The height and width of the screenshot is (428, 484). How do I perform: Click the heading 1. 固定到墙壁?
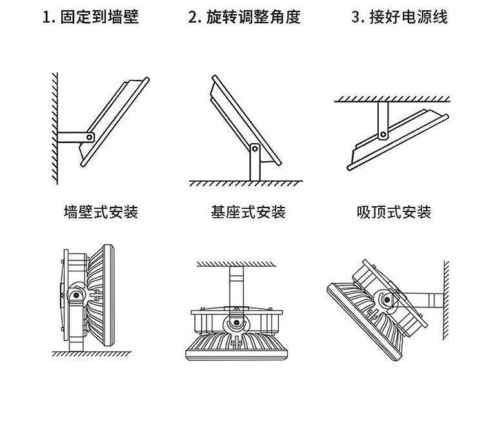[90, 17]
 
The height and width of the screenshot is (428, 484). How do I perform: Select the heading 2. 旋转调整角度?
[245, 17]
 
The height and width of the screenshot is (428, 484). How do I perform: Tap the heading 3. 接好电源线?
[398, 17]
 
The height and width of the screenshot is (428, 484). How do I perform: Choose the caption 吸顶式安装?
[394, 211]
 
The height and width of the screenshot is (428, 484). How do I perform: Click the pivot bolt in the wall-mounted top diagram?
[90, 136]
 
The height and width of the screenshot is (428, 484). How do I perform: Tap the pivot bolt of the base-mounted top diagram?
[256, 150]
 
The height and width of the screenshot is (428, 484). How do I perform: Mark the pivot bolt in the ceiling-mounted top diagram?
[383, 135]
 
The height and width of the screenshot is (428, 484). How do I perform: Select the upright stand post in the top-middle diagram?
[255, 166]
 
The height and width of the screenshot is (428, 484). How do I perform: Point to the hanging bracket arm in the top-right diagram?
[383, 119]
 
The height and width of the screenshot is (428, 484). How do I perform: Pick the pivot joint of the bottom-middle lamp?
[236, 320]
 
